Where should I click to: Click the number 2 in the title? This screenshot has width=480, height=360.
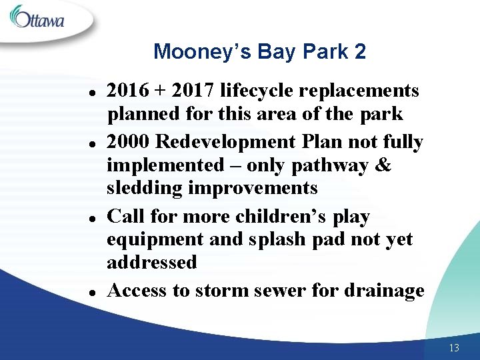tap(360, 51)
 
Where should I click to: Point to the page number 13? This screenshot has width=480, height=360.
tap(454, 347)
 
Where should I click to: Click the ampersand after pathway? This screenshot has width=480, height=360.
tap(383, 165)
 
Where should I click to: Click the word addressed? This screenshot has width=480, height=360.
tap(152, 262)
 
